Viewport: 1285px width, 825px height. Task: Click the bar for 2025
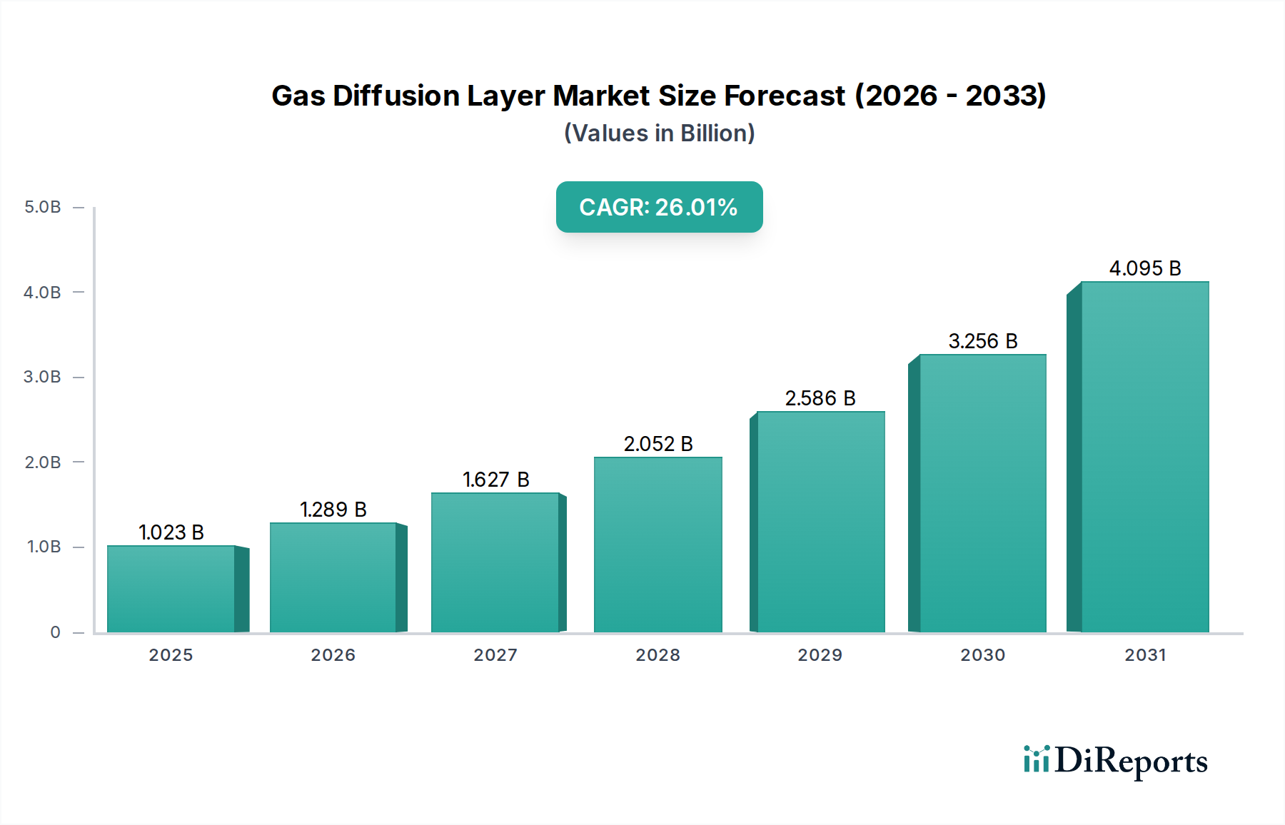coord(171,589)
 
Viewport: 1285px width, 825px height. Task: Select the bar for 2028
coord(657,545)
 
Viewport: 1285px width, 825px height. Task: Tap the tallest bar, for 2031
coord(1144,457)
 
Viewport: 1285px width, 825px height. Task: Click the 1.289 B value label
coord(333,510)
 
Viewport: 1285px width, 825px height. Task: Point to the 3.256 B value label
coord(982,341)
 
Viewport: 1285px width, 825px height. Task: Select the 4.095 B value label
coord(1144,268)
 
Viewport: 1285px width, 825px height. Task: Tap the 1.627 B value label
coord(495,480)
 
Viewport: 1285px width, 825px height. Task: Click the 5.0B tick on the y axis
coord(43,208)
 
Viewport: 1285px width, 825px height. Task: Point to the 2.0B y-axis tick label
coord(43,462)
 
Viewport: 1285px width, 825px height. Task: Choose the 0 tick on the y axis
coord(55,632)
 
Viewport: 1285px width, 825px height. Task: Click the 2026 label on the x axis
coord(333,655)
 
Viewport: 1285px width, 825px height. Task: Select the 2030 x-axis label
coord(982,655)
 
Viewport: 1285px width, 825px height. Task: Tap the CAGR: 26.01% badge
coord(659,207)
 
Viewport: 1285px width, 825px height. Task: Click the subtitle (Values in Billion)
coord(659,133)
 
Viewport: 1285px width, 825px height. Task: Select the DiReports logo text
coord(1131,761)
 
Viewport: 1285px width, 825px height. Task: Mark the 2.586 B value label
coord(820,398)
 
